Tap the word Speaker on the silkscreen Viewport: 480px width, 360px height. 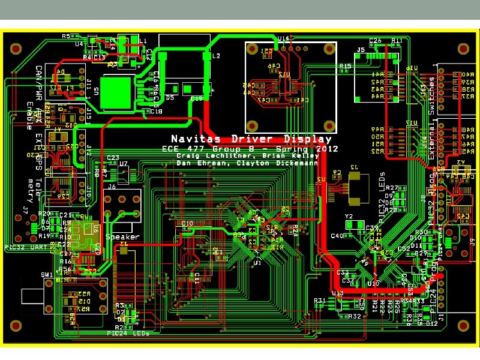click(x=122, y=236)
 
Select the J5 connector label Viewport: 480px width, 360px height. click(x=361, y=50)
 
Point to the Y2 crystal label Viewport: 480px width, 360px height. click(x=349, y=216)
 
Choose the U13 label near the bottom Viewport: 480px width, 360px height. click(x=337, y=293)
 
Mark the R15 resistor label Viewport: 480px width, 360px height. click(x=345, y=66)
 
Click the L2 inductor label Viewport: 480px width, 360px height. click(x=216, y=56)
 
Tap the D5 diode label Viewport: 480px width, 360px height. click(x=170, y=97)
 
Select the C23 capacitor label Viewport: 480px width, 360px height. click(x=113, y=158)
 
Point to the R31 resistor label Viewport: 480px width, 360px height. click(x=319, y=300)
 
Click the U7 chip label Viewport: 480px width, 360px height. click(x=124, y=163)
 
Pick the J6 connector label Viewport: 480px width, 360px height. click(x=112, y=187)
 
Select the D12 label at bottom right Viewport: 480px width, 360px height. click(x=432, y=323)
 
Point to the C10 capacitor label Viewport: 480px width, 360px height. click(x=187, y=223)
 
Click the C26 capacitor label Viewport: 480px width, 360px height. click(x=376, y=40)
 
